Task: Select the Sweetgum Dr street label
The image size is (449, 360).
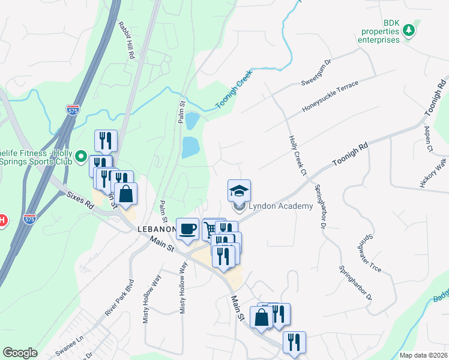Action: [x=316, y=72]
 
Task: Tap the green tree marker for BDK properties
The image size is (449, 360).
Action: [x=409, y=29]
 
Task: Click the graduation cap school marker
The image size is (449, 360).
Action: [x=239, y=191]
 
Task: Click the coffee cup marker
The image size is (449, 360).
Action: [x=187, y=229]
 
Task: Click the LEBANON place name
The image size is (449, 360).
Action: [x=155, y=230]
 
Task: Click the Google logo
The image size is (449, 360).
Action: [x=20, y=353]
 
